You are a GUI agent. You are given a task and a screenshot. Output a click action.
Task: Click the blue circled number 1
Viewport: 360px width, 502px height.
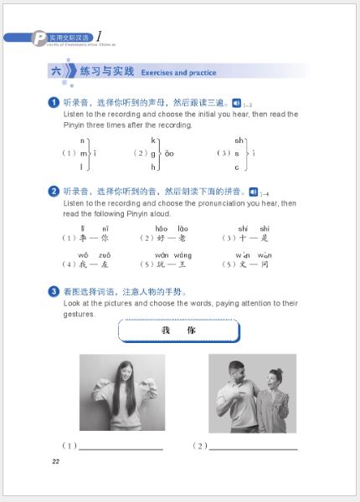pyautogui.click(x=54, y=103)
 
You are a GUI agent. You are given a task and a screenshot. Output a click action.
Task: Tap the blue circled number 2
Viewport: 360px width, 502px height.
pyautogui.click(x=54, y=192)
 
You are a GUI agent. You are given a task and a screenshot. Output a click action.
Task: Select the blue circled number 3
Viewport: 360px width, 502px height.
pyautogui.click(x=54, y=292)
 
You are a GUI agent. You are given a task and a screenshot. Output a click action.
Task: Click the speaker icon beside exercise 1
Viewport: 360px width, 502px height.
pyautogui.click(x=236, y=103)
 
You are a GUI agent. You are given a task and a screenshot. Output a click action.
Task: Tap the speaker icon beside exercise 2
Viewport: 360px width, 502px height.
pyautogui.click(x=253, y=192)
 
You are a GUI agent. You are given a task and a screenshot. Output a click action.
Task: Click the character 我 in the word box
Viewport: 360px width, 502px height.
pyautogui.click(x=166, y=330)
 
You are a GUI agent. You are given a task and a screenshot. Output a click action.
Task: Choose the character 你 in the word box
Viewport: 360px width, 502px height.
pyautogui.click(x=192, y=330)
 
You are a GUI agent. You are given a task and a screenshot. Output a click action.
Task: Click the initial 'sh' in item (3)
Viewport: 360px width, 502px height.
pyautogui.click(x=239, y=140)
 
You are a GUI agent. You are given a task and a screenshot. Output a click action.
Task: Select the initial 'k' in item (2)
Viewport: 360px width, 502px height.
pyautogui.click(x=153, y=140)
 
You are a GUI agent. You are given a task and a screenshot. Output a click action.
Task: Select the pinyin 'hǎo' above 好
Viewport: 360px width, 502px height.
pyautogui.click(x=162, y=228)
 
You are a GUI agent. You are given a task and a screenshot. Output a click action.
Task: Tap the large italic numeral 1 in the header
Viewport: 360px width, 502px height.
pyautogui.click(x=100, y=36)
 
